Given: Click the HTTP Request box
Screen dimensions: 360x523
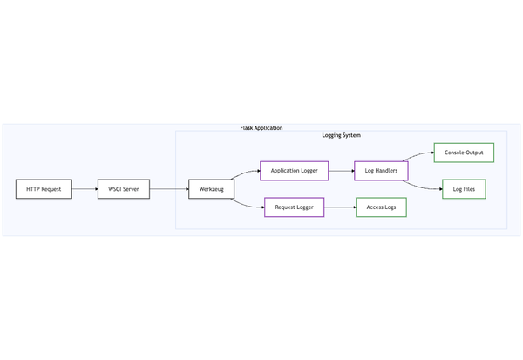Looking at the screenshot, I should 44,189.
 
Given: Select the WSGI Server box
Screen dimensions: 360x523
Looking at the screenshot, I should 124,189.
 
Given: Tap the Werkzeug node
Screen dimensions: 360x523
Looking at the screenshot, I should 211,189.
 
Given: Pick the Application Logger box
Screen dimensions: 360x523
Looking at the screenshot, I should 295,171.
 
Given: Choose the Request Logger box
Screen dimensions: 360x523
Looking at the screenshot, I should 295,207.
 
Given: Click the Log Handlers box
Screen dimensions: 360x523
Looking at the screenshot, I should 381,171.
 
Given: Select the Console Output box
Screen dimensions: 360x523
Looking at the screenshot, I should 464,153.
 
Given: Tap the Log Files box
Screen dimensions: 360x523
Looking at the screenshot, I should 464,189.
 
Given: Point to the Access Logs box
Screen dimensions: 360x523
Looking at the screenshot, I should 381,207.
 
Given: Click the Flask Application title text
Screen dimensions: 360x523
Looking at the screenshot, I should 261,128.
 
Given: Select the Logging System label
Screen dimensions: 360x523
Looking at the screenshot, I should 341,136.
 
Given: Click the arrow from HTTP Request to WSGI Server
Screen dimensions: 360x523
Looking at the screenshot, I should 85,189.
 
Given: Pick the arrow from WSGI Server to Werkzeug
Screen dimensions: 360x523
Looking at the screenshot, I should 169,189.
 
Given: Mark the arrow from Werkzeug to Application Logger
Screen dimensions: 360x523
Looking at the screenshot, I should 247,175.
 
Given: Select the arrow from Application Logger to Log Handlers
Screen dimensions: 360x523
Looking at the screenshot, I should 342,171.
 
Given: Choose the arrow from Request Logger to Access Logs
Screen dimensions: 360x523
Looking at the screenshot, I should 340,207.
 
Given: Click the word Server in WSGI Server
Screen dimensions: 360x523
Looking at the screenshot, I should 132,189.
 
